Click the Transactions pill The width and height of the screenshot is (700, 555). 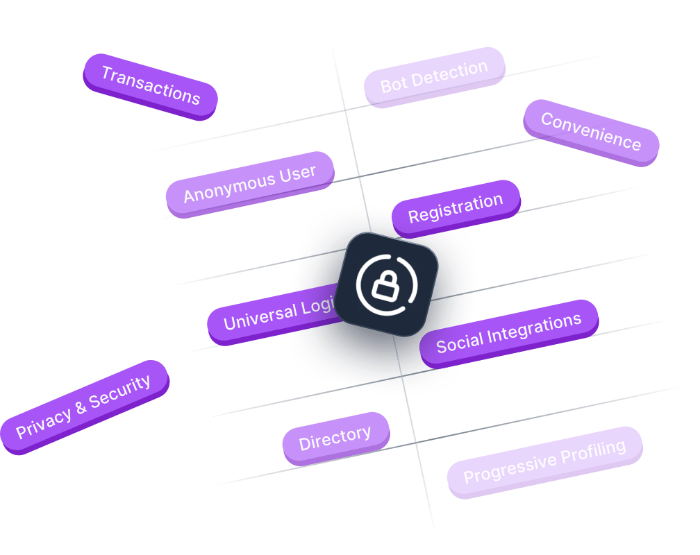point(150,85)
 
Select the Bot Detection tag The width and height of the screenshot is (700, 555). point(434,77)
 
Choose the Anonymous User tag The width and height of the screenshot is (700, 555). point(249,184)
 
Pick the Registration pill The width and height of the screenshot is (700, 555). point(455,209)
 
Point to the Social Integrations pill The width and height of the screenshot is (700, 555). point(508,332)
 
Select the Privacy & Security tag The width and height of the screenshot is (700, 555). point(83,407)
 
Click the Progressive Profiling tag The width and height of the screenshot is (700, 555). point(544,461)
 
